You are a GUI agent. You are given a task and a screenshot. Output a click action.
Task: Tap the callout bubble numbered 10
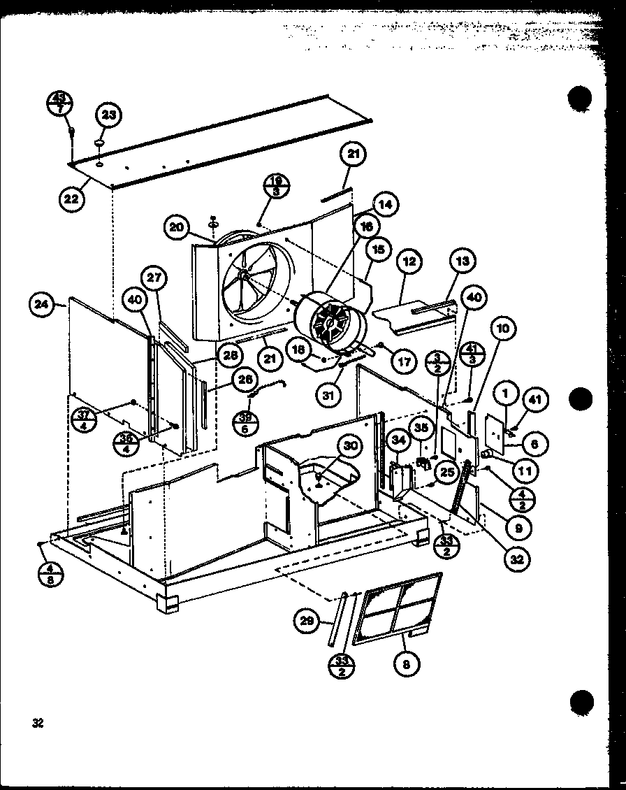[x=504, y=328]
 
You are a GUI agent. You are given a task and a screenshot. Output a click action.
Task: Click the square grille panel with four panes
[x=396, y=608]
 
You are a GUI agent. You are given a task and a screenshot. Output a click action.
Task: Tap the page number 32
[x=37, y=724]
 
